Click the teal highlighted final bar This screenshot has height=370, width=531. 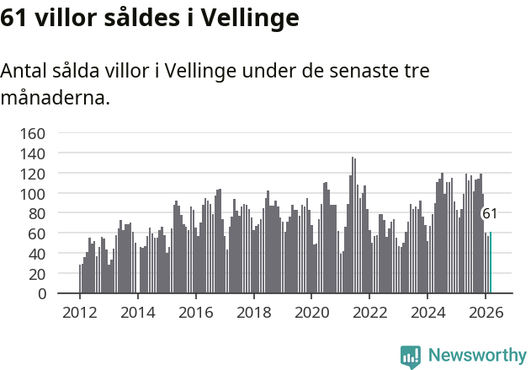point(490,263)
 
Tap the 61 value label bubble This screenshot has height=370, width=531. point(489,214)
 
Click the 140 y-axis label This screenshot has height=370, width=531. point(34,153)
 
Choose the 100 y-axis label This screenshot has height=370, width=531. point(34,193)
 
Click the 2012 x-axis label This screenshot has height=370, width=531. point(80,312)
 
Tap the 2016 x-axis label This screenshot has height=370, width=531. point(195,312)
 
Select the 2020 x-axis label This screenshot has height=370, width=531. point(311,312)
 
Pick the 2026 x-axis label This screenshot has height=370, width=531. point(486,312)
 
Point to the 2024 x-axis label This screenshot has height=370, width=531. point(427,312)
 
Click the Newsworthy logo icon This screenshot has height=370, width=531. point(410,356)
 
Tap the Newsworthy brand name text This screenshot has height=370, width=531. point(476,356)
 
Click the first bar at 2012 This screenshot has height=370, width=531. point(80,279)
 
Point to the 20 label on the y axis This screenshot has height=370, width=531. point(38,273)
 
